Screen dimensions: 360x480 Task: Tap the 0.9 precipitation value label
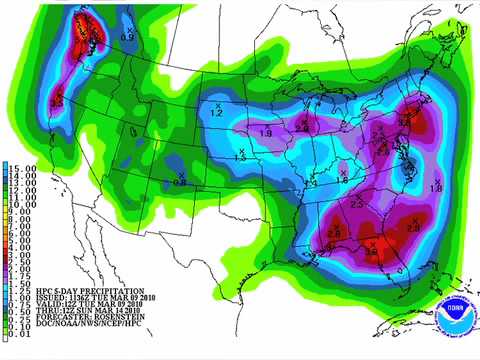pyautogui.click(x=127, y=37)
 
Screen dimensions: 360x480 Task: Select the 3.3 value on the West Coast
pyautogui.click(x=57, y=101)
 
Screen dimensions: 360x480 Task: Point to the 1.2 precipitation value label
pyautogui.click(x=215, y=114)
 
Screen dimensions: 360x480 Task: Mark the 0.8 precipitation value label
pyautogui.click(x=180, y=182)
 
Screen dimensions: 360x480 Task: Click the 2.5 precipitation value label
pyautogui.click(x=358, y=204)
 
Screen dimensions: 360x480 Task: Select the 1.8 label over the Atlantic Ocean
pyautogui.click(x=435, y=188)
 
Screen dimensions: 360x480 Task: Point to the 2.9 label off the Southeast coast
pyautogui.click(x=414, y=228)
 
